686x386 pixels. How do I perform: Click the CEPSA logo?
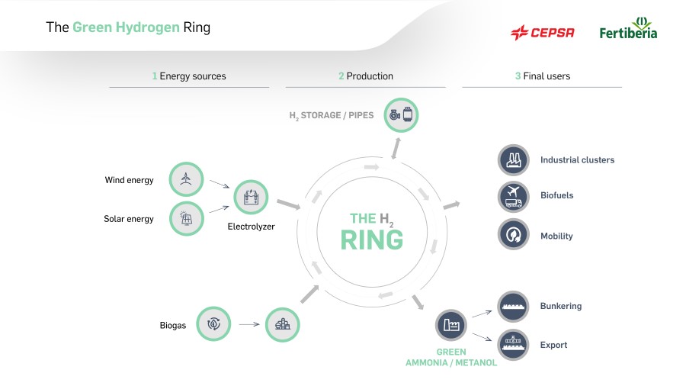click(x=543, y=32)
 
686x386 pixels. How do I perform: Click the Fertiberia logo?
click(x=628, y=28)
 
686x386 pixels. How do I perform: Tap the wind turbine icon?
click(x=187, y=179)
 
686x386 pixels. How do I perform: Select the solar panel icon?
click(x=187, y=218)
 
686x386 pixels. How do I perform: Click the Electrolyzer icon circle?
click(x=251, y=197)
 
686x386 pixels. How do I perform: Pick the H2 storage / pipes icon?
click(x=401, y=115)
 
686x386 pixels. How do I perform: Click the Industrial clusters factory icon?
click(x=514, y=160)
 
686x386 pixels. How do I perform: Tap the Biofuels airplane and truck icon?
click(x=514, y=197)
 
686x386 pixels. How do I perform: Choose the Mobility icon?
click(x=514, y=235)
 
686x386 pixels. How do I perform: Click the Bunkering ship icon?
click(x=514, y=307)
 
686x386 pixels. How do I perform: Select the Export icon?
click(x=514, y=344)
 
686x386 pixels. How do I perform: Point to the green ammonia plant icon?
click(x=451, y=325)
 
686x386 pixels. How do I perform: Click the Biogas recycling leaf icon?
click(x=213, y=324)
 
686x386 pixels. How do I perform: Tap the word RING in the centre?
click(x=372, y=240)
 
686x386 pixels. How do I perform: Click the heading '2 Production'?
click(x=366, y=76)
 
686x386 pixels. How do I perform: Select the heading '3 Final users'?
click(x=543, y=76)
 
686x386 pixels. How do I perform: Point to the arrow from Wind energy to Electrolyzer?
click(x=220, y=184)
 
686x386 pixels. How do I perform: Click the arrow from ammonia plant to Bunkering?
click(x=482, y=314)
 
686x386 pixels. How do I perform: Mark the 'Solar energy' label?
click(x=129, y=219)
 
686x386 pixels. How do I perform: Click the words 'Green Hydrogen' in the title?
click(x=126, y=27)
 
